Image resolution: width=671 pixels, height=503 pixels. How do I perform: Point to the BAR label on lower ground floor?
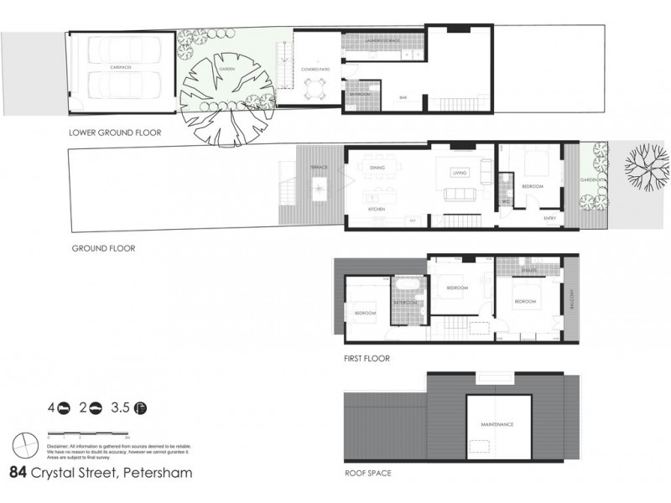[x=403, y=97]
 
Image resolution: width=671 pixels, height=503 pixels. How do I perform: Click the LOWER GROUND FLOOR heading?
[x=115, y=132]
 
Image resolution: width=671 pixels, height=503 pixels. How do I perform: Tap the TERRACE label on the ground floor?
[x=319, y=167]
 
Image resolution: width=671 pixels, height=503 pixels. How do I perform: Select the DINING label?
[x=377, y=167]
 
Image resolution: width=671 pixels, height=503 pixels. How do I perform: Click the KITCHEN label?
[x=377, y=209]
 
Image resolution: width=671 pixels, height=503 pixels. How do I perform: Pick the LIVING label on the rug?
[x=459, y=173]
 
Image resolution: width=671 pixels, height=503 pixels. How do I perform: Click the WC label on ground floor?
[x=506, y=201]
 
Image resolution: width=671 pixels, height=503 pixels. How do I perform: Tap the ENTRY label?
[x=550, y=219]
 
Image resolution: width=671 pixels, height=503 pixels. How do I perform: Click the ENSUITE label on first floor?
[x=529, y=271]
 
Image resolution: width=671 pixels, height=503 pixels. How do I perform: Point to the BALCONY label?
[x=571, y=299]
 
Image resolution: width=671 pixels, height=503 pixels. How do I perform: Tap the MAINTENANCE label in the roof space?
[x=497, y=425]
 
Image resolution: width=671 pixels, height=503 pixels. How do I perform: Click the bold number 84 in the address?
[x=18, y=472]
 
